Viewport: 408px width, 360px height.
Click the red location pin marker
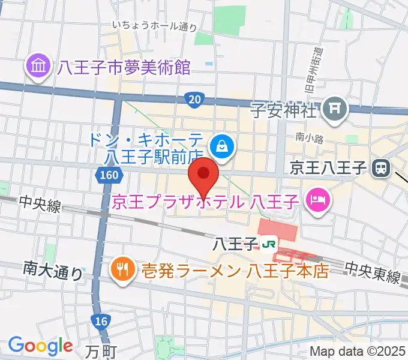204,175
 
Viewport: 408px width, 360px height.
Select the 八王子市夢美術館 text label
124,67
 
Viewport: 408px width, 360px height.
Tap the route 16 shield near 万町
101,322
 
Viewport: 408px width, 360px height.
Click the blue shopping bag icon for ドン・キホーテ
222,145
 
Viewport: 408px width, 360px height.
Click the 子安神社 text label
283,110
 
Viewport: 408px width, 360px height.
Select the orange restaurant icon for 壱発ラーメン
122,269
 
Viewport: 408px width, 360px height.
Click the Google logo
40,346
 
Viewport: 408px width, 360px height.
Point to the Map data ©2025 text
358,352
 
